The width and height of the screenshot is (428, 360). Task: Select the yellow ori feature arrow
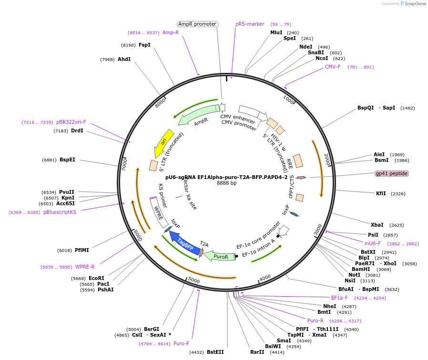tap(164, 142)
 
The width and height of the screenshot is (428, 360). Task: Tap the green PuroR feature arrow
tap(220, 256)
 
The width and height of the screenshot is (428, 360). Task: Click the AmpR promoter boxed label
tap(197, 24)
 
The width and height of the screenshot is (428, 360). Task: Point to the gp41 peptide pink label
tap(392, 173)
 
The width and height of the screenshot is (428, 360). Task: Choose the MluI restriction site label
tap(276, 32)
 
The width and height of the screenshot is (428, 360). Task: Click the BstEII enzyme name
tap(215, 352)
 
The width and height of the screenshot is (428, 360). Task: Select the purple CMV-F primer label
tap(333, 67)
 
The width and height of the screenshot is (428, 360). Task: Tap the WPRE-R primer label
tap(85, 267)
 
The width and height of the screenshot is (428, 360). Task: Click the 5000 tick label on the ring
tap(194, 280)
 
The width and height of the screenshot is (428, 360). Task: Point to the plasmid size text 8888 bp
tap(226, 183)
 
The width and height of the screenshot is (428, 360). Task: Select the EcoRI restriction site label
tap(96, 278)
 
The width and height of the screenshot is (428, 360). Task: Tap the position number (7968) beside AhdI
tap(107, 60)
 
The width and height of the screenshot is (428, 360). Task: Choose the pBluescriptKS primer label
tap(60, 212)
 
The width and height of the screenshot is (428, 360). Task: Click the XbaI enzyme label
tap(377, 225)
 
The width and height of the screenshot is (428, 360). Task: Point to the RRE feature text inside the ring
tap(289, 165)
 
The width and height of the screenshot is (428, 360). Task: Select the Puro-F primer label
tap(181, 343)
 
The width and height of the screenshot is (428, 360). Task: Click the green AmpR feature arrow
tap(195, 118)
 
